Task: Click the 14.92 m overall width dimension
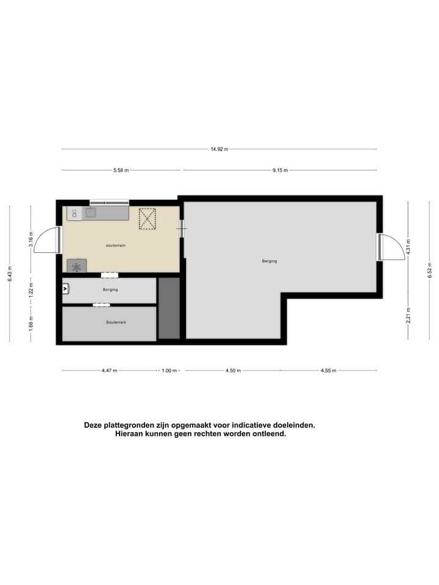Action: [x=219, y=149]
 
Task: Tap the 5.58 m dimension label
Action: [x=121, y=171]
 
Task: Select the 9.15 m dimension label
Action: [x=280, y=171]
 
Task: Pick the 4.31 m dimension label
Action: [x=409, y=246]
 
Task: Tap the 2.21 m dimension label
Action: [x=409, y=317]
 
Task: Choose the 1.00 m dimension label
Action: [x=169, y=370]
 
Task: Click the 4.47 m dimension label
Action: [x=109, y=370]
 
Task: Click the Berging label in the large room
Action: [x=269, y=261]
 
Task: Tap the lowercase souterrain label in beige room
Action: [x=115, y=245]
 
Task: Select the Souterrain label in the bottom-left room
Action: [x=116, y=322]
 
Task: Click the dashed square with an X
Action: [x=147, y=219]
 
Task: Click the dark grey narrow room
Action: [x=169, y=308]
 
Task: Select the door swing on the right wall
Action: [x=391, y=247]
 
